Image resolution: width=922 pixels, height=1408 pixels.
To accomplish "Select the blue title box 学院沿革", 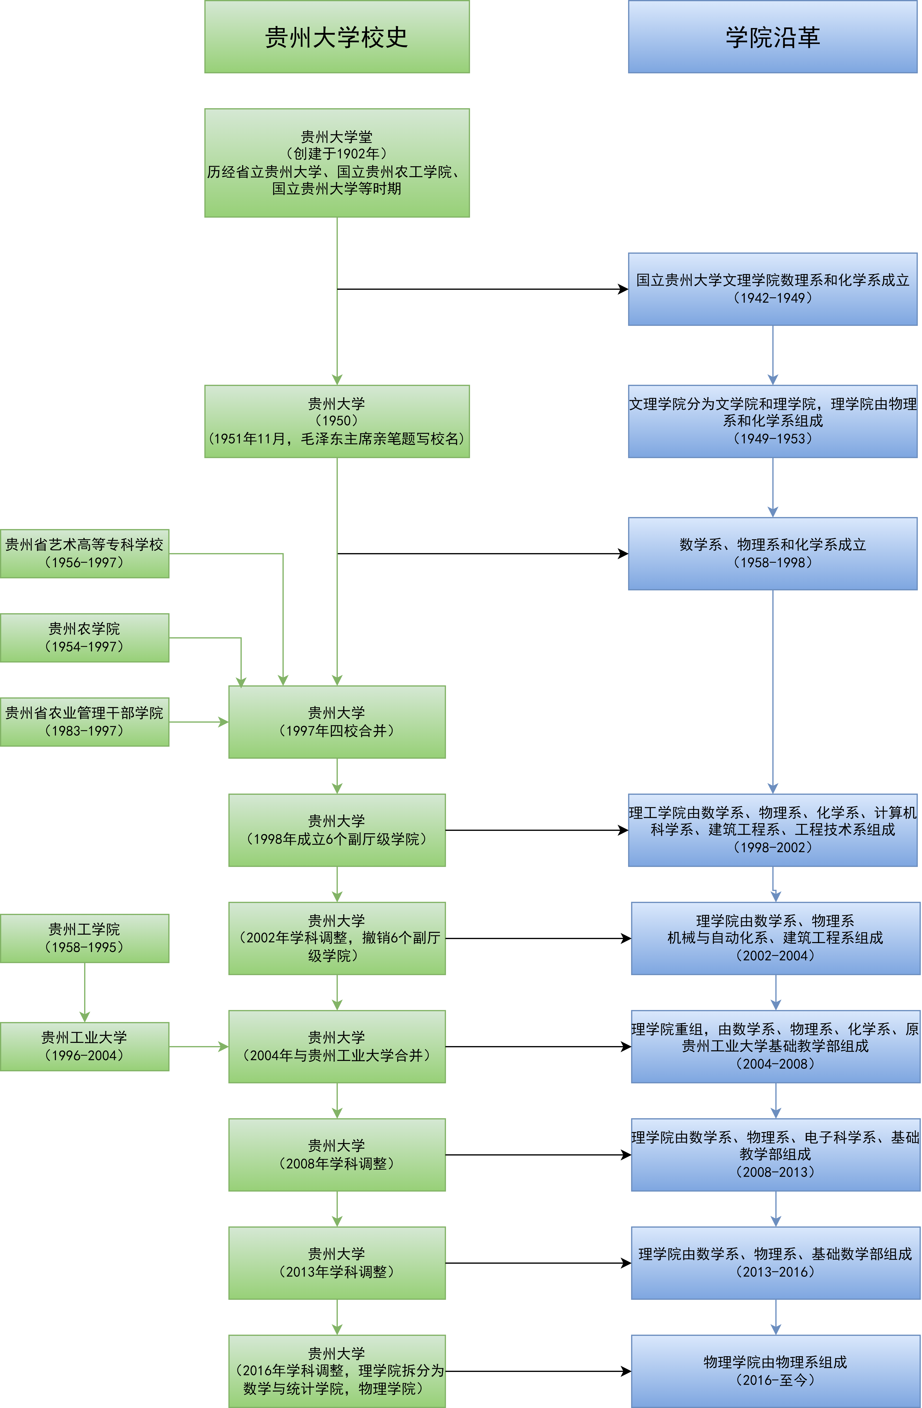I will pos(772,37).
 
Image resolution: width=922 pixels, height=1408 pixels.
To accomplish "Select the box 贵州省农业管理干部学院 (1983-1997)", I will pos(85,722).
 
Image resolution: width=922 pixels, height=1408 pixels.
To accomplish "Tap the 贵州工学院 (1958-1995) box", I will pos(85,938).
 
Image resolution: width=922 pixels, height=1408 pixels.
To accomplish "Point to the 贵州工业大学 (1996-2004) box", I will pos(85,1046).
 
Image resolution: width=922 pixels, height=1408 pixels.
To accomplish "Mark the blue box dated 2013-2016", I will pos(775,1263).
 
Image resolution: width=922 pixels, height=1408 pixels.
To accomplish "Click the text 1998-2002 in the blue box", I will pos(772,847).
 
